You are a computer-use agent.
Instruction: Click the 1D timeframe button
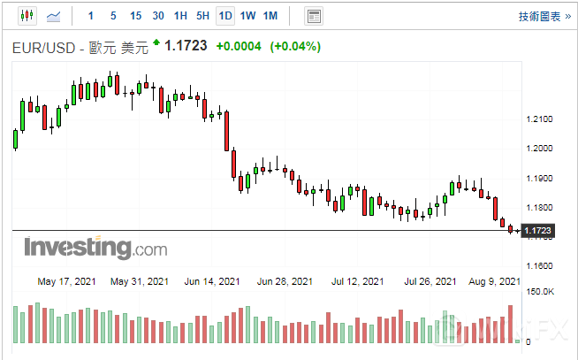click(x=225, y=16)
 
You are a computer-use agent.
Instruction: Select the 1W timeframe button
click(x=247, y=16)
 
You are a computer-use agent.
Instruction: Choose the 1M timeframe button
click(x=270, y=16)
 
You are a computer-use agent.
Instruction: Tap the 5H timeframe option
click(x=202, y=16)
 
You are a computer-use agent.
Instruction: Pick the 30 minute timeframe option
click(x=157, y=16)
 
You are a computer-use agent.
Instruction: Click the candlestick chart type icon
click(x=26, y=16)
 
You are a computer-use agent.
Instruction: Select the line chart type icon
click(x=54, y=16)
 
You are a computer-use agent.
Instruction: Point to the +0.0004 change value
click(x=238, y=46)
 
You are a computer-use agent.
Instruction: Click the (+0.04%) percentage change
click(x=295, y=46)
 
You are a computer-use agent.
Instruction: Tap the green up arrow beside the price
click(x=156, y=42)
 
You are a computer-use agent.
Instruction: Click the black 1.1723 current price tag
click(x=538, y=231)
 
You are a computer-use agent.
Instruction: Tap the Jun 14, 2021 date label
click(x=211, y=281)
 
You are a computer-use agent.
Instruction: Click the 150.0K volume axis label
click(x=540, y=292)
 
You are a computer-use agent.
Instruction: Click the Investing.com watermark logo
click(x=95, y=248)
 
